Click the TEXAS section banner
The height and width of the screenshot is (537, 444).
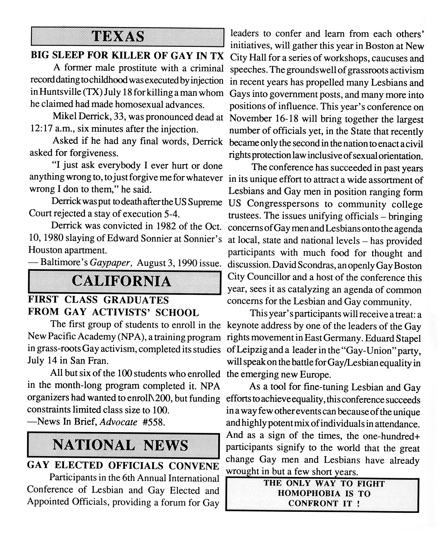click(x=127, y=37)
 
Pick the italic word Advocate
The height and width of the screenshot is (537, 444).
click(x=118, y=422)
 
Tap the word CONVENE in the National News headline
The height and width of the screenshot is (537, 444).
click(x=194, y=466)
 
